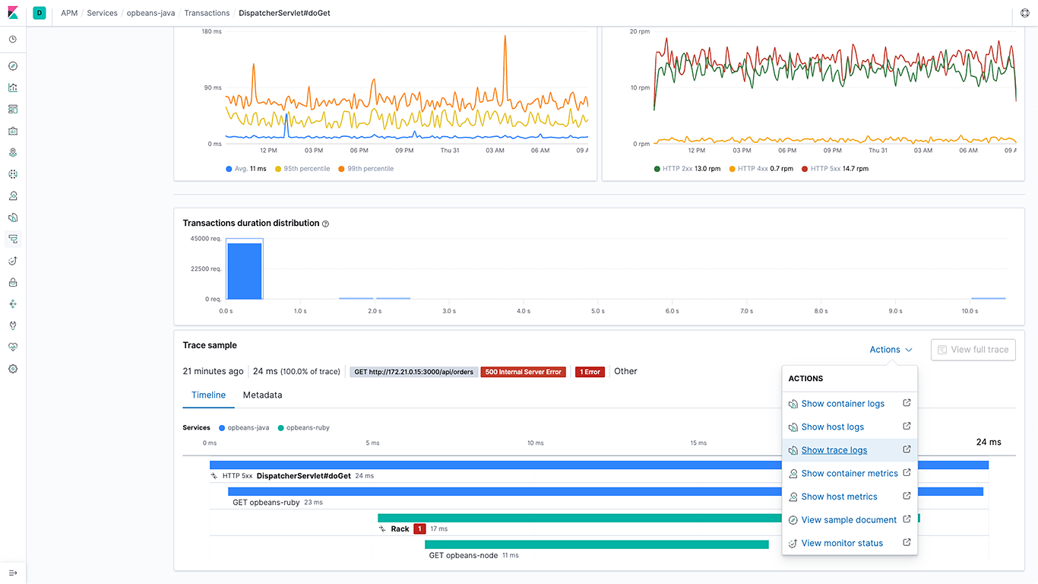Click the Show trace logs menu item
(834, 450)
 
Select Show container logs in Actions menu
(843, 404)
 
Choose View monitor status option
(842, 543)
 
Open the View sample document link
(849, 520)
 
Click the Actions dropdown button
(891, 350)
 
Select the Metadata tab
(262, 395)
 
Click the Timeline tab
(208, 395)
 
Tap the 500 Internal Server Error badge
(523, 372)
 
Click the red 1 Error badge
(590, 372)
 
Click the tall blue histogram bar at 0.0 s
(245, 271)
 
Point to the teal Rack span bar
(578, 518)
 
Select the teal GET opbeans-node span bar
(597, 544)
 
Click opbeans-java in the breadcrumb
(151, 13)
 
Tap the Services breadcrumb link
(102, 13)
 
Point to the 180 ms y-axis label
(211, 32)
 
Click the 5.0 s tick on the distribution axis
(597, 311)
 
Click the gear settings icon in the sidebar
(13, 369)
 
